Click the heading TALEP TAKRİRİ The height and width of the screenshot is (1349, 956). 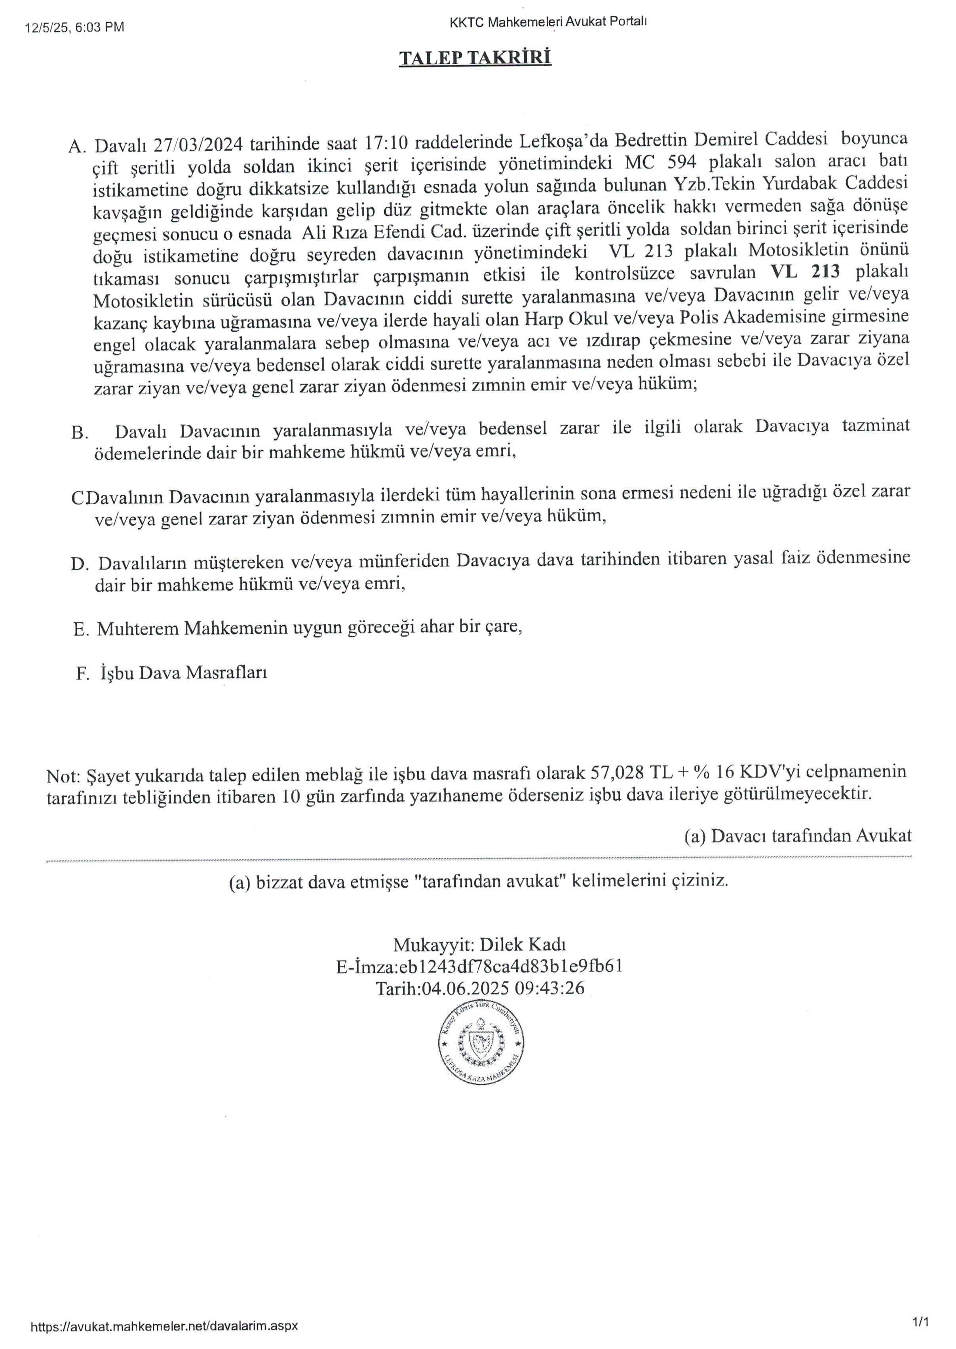pos(475,58)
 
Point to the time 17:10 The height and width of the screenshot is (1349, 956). pos(386,142)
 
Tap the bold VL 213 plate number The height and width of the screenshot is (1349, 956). pos(805,272)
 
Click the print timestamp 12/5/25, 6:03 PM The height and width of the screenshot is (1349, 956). pos(75,27)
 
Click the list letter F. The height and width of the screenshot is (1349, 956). pos(82,673)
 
